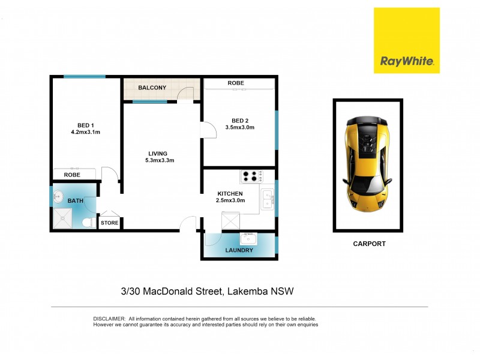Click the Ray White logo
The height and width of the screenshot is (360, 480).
(406, 40)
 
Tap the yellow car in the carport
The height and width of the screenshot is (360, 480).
(367, 164)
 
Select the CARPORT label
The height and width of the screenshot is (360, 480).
(368, 244)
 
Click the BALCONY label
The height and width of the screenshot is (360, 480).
(152, 88)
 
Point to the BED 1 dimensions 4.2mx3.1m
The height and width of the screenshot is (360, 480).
(85, 133)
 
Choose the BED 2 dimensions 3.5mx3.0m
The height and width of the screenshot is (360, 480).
(239, 127)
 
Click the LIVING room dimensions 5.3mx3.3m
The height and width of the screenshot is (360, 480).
(158, 161)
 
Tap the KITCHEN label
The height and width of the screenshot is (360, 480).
(230, 194)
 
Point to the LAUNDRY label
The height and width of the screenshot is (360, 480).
(239, 250)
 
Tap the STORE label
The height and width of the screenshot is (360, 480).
(109, 223)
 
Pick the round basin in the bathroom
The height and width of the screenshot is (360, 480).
(58, 196)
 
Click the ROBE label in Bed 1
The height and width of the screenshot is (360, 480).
(72, 175)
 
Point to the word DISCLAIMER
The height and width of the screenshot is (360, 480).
(109, 319)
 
